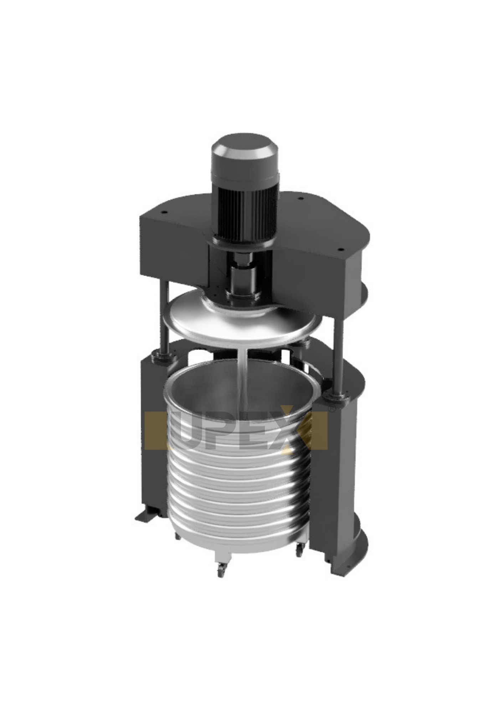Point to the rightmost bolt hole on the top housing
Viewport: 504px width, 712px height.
[340, 249]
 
